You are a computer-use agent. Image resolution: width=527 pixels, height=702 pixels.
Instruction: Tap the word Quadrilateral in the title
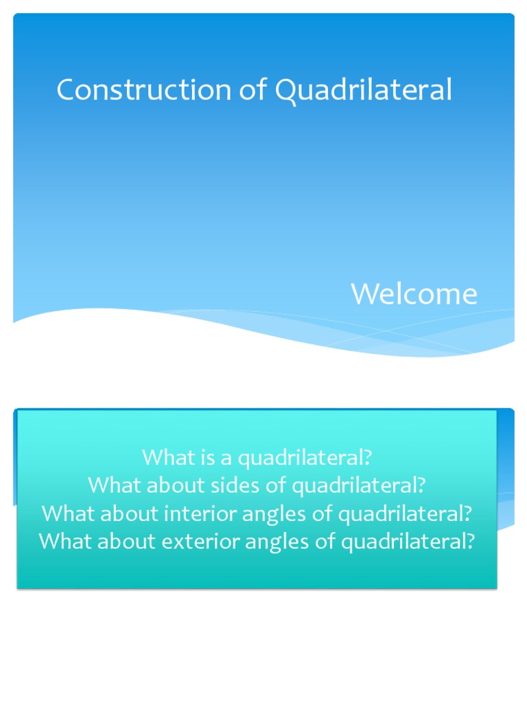pos(364,90)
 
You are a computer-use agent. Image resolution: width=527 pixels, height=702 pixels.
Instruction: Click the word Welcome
pos(414,294)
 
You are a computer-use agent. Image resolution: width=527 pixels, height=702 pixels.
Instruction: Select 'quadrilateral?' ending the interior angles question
pos(403,513)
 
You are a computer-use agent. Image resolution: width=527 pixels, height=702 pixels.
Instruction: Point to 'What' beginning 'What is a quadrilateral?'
pos(162,457)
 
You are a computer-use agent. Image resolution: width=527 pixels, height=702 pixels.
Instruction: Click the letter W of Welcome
pos(364,294)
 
